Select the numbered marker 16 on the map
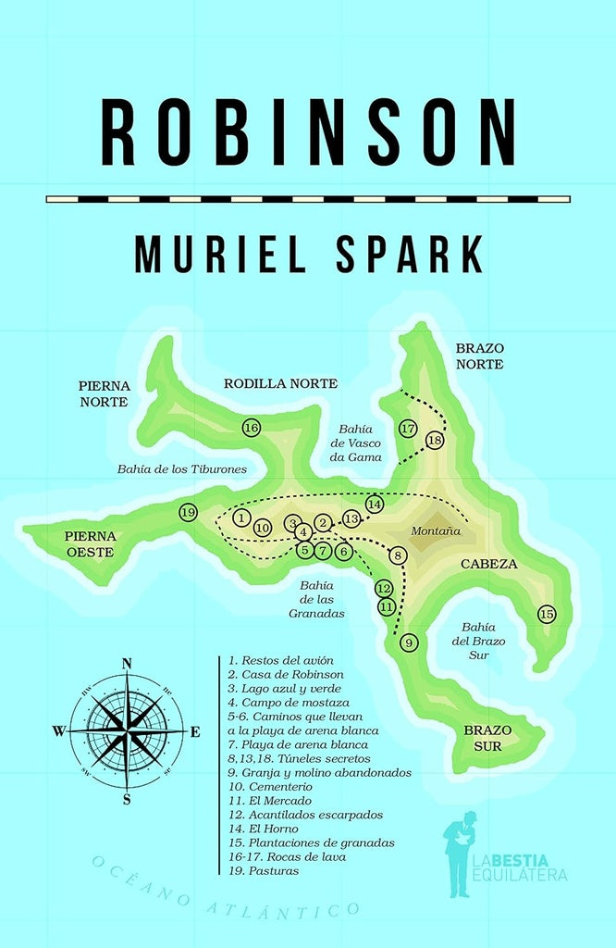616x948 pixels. tap(251, 427)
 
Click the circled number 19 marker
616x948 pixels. tap(188, 512)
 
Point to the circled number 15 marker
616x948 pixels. tap(547, 614)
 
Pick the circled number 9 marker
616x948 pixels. tap(410, 642)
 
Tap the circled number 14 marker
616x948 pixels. tap(375, 505)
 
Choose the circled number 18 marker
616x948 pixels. tap(436, 441)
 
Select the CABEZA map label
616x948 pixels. tap(489, 564)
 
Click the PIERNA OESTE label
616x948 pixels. tap(90, 543)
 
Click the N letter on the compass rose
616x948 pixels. tap(127, 663)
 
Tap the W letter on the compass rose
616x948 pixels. tap(58, 730)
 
